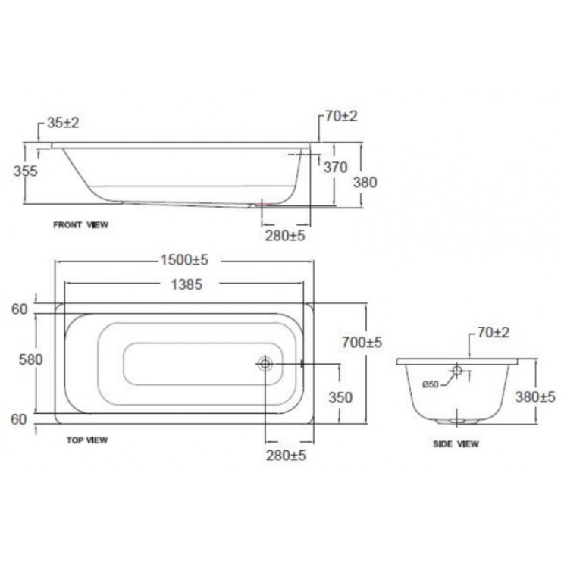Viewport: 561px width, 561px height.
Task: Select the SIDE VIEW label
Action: [456, 444]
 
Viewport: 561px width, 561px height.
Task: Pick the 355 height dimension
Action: [25, 171]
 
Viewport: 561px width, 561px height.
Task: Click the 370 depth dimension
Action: [335, 168]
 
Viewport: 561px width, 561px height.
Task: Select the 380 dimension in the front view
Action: [365, 182]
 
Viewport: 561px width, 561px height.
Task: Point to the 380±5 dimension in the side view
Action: [535, 396]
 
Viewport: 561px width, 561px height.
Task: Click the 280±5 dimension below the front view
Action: [285, 236]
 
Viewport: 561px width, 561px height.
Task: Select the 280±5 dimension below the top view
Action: [287, 455]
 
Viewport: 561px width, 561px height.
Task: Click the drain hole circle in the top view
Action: [265, 365]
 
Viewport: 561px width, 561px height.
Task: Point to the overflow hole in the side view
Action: [457, 371]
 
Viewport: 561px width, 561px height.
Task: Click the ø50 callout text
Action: [430, 385]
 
